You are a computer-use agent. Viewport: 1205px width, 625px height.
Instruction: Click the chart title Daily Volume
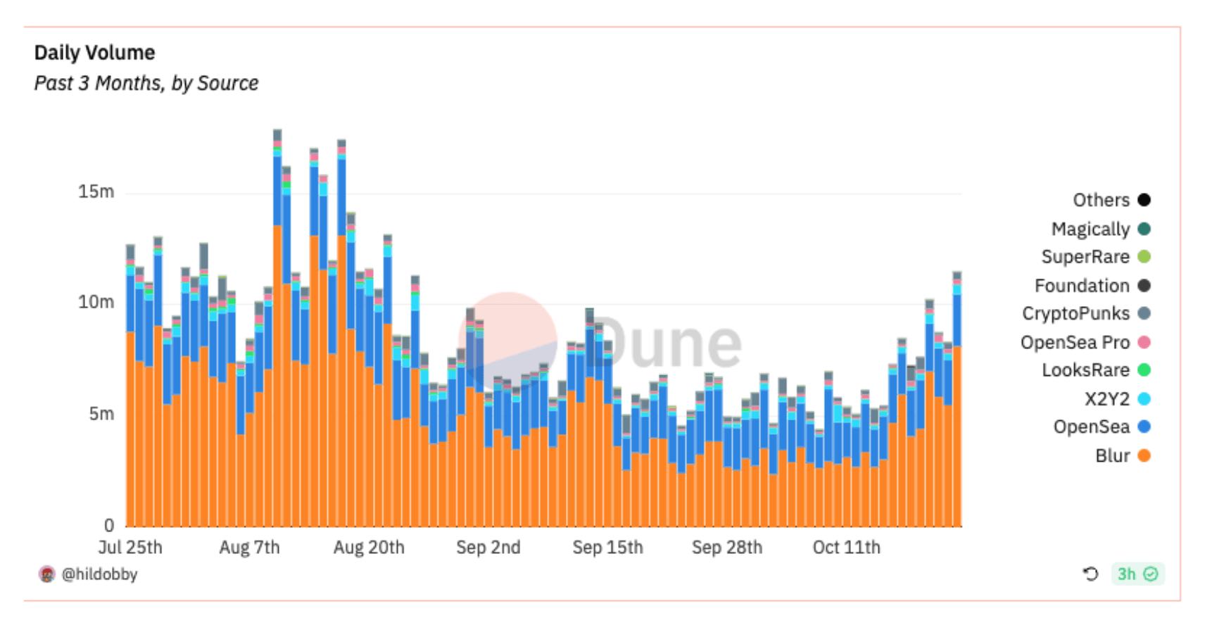coord(94,53)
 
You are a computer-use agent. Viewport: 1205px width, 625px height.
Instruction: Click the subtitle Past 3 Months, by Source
coord(146,83)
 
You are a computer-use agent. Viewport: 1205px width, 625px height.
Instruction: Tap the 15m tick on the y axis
coord(96,191)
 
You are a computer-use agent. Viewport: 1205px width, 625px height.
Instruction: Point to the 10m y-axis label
coord(96,302)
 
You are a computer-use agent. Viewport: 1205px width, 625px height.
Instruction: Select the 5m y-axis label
coord(101,414)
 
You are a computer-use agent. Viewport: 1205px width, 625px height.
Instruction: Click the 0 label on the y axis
coord(108,525)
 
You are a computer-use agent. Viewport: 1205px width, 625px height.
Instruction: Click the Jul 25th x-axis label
coord(130,548)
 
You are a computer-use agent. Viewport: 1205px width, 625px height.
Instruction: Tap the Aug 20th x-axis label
coord(369,548)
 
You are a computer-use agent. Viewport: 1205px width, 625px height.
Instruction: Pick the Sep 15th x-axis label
coord(607,548)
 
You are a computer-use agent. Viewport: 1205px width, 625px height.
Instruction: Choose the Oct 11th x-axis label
coord(846,548)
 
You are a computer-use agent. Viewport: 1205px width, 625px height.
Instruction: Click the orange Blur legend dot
coord(1144,455)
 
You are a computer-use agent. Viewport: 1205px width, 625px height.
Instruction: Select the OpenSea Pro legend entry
coord(1075,342)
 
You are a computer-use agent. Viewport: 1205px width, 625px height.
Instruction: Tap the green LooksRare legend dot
coord(1144,370)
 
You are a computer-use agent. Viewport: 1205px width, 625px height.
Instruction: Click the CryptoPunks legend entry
coord(1075,313)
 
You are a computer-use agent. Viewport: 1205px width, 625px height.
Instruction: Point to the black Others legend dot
coord(1144,200)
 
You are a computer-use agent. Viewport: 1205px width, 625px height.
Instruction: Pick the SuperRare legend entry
coord(1085,257)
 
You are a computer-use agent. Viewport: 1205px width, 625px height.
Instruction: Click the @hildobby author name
coord(100,574)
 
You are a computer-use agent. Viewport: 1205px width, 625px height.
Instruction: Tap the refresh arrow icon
coord(1090,574)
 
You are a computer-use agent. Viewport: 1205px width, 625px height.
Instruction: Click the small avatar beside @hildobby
coord(46,574)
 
